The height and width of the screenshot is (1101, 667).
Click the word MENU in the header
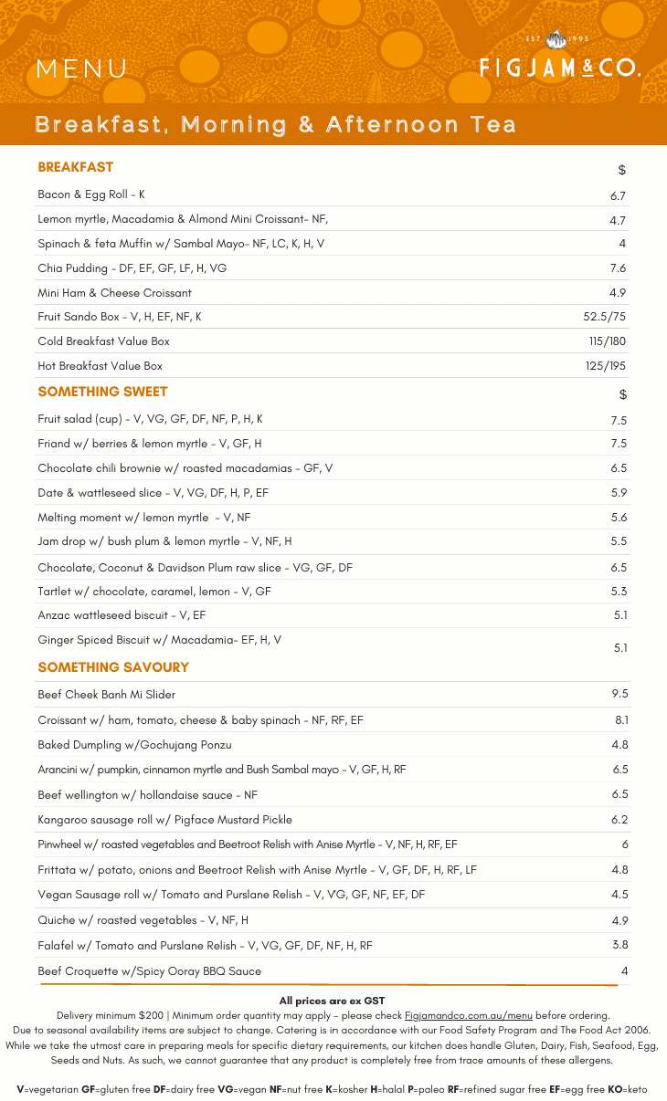click(82, 69)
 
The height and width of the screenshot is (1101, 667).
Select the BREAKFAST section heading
click(76, 167)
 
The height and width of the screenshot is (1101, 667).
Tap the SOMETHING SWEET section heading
click(102, 392)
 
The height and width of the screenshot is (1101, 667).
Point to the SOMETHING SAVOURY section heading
click(113, 667)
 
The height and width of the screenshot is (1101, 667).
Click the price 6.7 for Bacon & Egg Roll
click(618, 195)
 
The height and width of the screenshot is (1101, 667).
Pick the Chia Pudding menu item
click(132, 268)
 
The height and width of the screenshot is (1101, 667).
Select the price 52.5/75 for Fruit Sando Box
click(604, 317)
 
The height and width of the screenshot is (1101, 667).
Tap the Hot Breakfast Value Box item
click(100, 366)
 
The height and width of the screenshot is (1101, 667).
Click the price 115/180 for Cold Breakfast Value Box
click(607, 341)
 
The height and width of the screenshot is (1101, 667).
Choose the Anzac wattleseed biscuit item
click(122, 615)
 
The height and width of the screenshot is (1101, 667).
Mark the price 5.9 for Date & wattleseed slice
click(618, 493)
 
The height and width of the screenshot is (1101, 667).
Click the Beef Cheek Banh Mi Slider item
click(106, 695)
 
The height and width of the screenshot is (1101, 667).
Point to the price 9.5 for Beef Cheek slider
click(619, 695)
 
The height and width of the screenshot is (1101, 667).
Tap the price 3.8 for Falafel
click(619, 945)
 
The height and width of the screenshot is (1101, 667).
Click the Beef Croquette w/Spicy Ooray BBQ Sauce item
click(149, 971)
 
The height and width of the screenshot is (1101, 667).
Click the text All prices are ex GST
click(332, 1001)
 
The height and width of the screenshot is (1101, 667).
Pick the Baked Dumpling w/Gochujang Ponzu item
click(134, 745)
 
